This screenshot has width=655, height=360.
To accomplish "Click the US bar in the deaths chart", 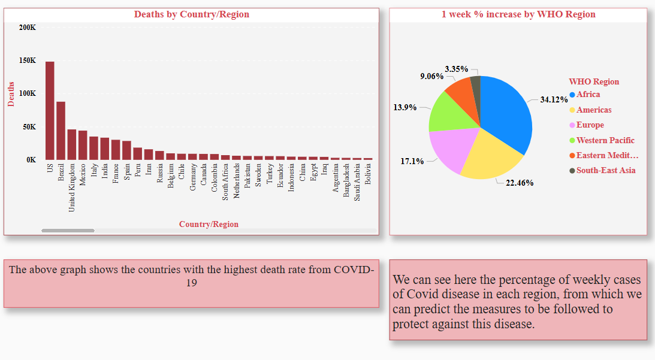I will [50, 111].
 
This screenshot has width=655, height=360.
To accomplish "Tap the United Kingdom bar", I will [72, 144].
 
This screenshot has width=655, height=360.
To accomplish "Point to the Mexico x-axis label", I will [83, 174].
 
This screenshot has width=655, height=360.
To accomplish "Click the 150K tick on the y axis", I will [28, 60].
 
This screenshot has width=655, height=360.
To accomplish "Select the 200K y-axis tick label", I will [28, 28].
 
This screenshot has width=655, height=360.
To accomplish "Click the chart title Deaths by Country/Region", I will [191, 14].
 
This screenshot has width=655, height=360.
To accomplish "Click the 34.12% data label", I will [554, 99].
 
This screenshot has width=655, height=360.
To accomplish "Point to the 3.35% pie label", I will [456, 69].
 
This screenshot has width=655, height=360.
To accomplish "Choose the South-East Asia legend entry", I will [605, 171].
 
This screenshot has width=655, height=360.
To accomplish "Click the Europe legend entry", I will [590, 125].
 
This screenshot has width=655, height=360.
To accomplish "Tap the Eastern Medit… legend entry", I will [606, 156].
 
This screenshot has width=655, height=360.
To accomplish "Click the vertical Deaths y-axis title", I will [11, 94].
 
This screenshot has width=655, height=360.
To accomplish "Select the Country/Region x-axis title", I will [209, 225].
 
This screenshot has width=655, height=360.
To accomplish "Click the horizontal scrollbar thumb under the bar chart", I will [68, 231].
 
